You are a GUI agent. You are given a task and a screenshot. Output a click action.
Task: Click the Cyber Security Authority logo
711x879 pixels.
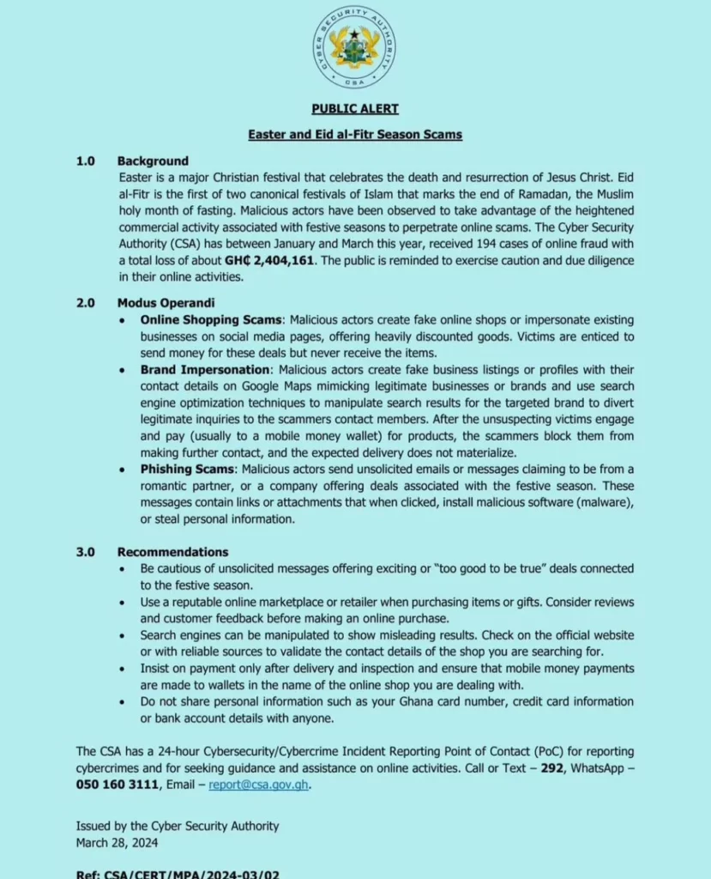coord(354,47)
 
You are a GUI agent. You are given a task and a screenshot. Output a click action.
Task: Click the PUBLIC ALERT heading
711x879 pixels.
coord(354,109)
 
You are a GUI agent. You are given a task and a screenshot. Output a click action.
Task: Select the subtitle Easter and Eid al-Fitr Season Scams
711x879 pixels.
coord(354,135)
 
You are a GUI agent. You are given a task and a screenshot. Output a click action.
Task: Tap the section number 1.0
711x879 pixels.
coord(85,161)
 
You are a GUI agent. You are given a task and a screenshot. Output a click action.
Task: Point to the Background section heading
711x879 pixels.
coord(153,161)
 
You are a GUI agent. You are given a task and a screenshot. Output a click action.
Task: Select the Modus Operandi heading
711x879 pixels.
coord(166,303)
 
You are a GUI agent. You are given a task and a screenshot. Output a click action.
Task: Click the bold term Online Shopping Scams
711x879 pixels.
coord(211,319)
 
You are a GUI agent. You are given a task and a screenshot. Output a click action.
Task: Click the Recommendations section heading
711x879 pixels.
coord(172,552)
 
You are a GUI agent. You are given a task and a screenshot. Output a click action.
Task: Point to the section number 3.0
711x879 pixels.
coord(85,552)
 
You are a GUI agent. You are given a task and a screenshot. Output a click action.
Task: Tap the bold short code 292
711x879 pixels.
coord(551,767)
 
